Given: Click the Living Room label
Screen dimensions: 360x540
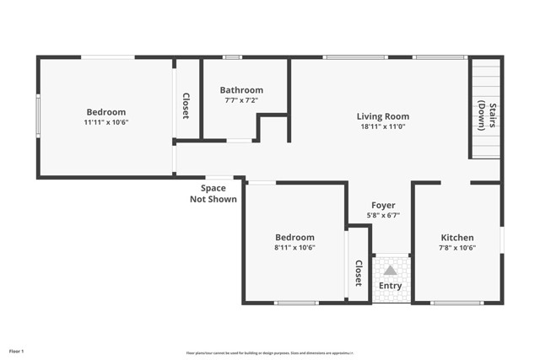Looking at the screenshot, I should tap(382, 117).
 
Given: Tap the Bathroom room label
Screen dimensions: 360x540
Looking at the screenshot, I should tap(241, 90).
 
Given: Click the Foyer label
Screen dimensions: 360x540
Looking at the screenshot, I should tap(383, 205).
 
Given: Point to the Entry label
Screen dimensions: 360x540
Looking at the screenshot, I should tap(390, 286).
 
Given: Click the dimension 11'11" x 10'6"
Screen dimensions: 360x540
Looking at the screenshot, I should tap(105, 122).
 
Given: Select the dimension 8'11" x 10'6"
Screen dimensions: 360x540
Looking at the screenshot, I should tap(294, 248).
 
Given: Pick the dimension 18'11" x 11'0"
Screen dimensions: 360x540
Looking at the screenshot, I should tap(382, 127).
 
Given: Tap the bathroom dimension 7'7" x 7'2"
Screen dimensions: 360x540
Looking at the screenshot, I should tap(241, 100).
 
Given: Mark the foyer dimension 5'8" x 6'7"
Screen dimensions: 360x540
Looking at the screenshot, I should tap(383, 215).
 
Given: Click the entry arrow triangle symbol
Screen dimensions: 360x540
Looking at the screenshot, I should tap(390, 271).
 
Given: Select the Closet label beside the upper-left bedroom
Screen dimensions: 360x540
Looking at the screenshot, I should tap(186, 106).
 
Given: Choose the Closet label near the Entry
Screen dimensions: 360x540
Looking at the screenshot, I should tap(359, 273).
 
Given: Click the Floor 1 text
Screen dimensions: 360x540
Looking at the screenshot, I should tap(17, 350).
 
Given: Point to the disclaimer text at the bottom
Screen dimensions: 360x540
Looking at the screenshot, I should tap(269, 353).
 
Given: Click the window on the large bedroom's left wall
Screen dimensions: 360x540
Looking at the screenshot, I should tap(38, 116).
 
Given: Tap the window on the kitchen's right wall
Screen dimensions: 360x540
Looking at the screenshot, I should tap(501, 239).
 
